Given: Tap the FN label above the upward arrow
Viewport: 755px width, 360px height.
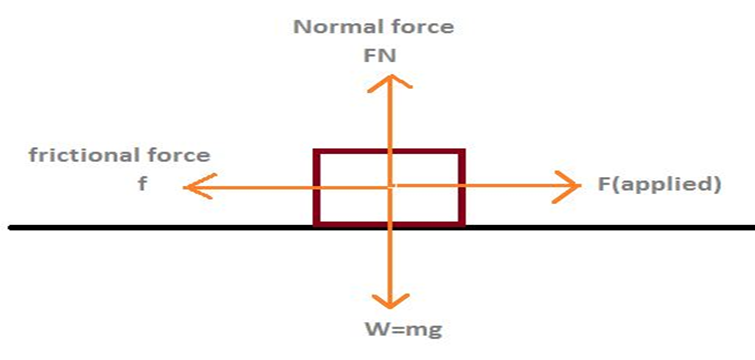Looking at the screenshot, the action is click(x=380, y=56).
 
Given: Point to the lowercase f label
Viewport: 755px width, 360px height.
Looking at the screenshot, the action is click(x=143, y=183).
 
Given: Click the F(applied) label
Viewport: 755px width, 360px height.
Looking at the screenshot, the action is click(x=659, y=185).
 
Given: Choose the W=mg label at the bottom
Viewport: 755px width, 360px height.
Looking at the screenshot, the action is click(x=404, y=331).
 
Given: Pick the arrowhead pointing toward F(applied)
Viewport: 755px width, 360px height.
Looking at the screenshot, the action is click(x=567, y=186).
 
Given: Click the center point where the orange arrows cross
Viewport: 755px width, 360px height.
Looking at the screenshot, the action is click(x=391, y=186).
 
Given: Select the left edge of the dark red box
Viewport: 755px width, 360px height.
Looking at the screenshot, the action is click(x=316, y=187).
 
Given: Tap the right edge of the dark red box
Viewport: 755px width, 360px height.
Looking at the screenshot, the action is click(x=462, y=187).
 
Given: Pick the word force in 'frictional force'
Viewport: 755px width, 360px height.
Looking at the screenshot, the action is click(x=180, y=155).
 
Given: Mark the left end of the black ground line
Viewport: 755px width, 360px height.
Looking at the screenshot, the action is click(x=10, y=227).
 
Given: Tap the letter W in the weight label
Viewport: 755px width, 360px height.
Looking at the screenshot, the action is click(x=375, y=331).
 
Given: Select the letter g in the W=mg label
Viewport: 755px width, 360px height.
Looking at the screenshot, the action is click(x=436, y=333).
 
